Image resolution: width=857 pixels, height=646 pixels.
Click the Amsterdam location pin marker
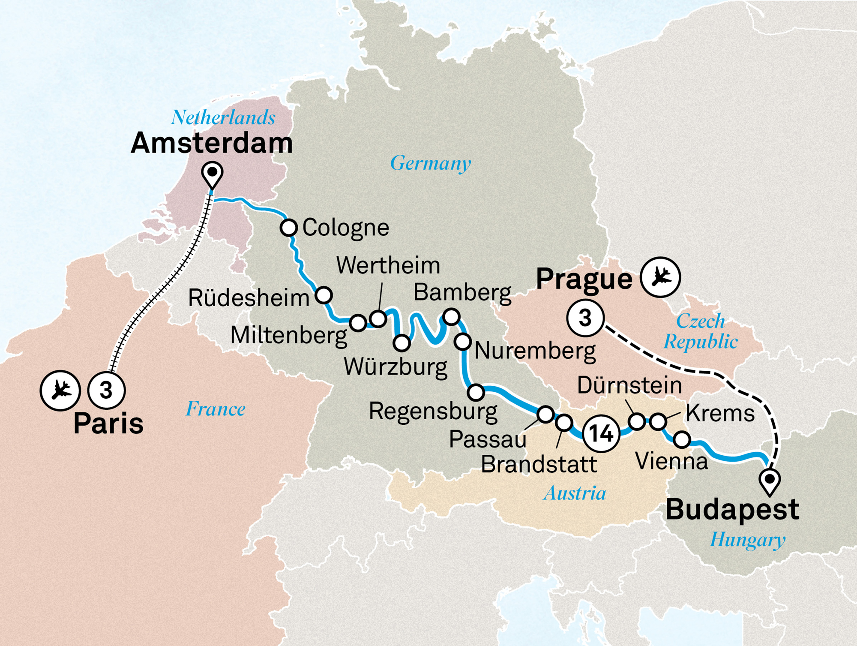(x=212, y=174)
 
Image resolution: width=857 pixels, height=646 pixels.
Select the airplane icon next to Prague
(x=660, y=277)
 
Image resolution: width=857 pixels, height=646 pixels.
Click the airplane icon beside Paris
(x=60, y=391)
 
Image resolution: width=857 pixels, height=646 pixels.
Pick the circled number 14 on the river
(x=601, y=434)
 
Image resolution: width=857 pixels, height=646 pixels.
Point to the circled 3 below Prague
(x=585, y=318)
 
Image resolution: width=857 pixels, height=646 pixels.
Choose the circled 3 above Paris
(x=106, y=390)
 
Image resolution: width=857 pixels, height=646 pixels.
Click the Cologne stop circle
(x=289, y=227)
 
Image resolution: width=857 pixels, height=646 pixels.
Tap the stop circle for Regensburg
(x=476, y=392)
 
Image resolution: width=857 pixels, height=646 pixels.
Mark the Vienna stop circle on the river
(x=682, y=439)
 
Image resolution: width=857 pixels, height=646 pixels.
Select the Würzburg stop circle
(x=402, y=343)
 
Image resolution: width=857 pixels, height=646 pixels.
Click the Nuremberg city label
(x=535, y=351)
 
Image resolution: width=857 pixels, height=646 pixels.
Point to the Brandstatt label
(x=539, y=464)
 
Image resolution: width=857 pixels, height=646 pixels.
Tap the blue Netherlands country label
(x=223, y=117)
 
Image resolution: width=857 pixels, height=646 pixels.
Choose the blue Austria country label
(x=575, y=493)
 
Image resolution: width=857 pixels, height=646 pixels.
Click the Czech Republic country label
(x=701, y=331)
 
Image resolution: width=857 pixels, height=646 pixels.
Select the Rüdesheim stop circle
(x=324, y=295)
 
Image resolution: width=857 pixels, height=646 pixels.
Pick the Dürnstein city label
(x=629, y=385)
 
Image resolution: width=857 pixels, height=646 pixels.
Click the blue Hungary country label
(x=747, y=540)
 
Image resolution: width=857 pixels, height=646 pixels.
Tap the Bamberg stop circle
(x=451, y=317)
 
